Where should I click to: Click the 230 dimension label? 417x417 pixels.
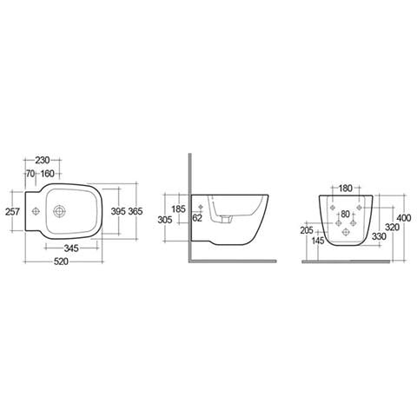click(43, 160)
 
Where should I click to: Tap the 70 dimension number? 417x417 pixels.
click(30, 174)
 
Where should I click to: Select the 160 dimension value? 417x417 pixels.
click(47, 174)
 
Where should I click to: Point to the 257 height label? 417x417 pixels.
click(12, 212)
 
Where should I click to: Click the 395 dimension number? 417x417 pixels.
click(118, 211)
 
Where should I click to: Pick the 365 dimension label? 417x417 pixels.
click(136, 211)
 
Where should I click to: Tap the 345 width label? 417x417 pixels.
click(71, 248)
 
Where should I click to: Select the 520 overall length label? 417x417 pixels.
click(61, 261)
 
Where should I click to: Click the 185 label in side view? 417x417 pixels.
click(178, 208)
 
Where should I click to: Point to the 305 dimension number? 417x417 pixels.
click(165, 220)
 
